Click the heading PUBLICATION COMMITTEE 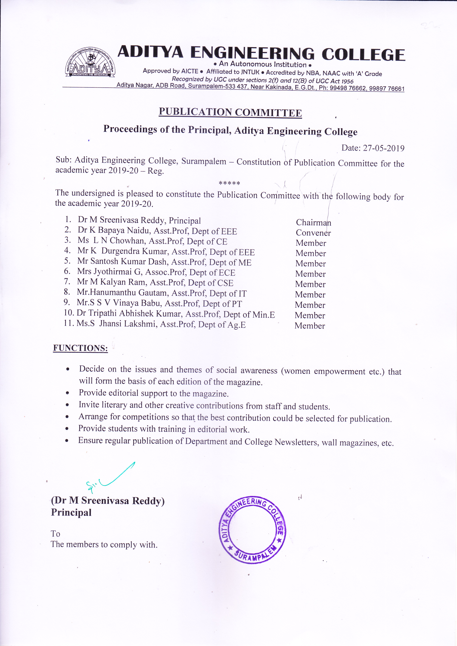pyautogui.click(x=230, y=112)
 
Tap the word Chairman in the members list pyautogui.click(x=313, y=223)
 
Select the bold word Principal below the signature pyautogui.click(x=71, y=513)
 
